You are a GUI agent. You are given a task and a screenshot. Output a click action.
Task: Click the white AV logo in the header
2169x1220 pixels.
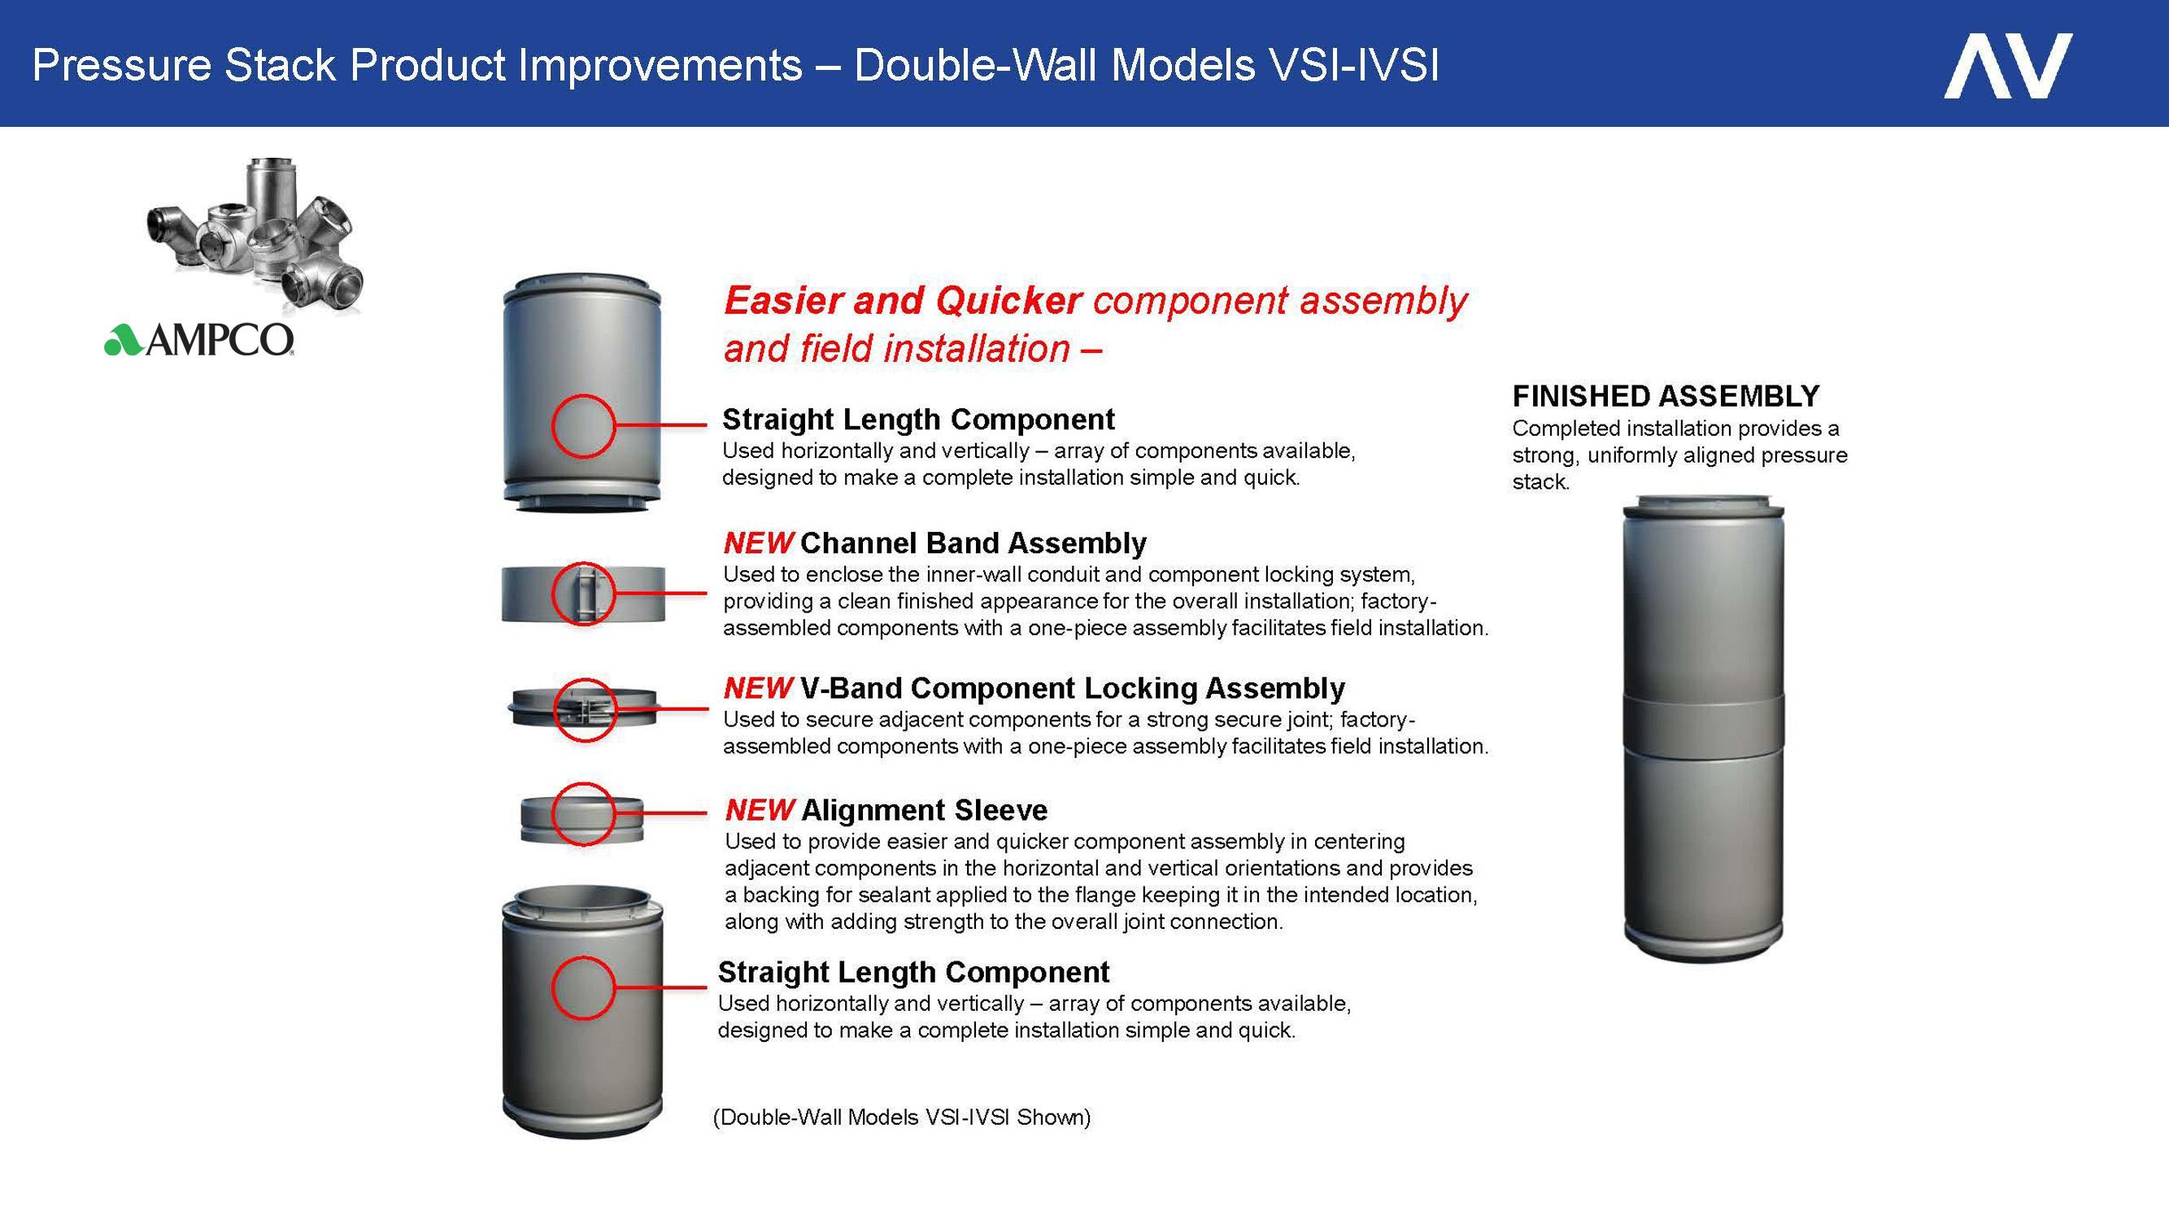point(2007,66)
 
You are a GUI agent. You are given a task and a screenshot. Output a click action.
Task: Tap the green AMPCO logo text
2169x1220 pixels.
point(198,339)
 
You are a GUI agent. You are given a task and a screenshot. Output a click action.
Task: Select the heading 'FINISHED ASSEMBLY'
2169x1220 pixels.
point(1666,396)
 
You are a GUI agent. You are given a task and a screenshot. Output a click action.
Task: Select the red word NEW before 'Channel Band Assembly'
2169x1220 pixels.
point(758,543)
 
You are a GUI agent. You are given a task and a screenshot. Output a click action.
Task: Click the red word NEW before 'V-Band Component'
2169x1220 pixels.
point(758,688)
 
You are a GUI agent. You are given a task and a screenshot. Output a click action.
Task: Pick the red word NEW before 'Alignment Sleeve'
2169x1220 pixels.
point(760,810)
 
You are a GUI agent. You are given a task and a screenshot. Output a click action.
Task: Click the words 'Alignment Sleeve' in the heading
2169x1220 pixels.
point(925,810)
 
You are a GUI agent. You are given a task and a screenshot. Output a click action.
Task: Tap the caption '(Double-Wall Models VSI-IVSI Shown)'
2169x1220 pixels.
point(902,1118)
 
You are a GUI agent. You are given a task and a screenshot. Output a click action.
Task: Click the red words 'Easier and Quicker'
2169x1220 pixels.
point(903,301)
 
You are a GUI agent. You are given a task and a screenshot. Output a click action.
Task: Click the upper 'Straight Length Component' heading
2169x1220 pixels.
point(919,420)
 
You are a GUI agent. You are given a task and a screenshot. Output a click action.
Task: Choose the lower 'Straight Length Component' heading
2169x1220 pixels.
point(913,973)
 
